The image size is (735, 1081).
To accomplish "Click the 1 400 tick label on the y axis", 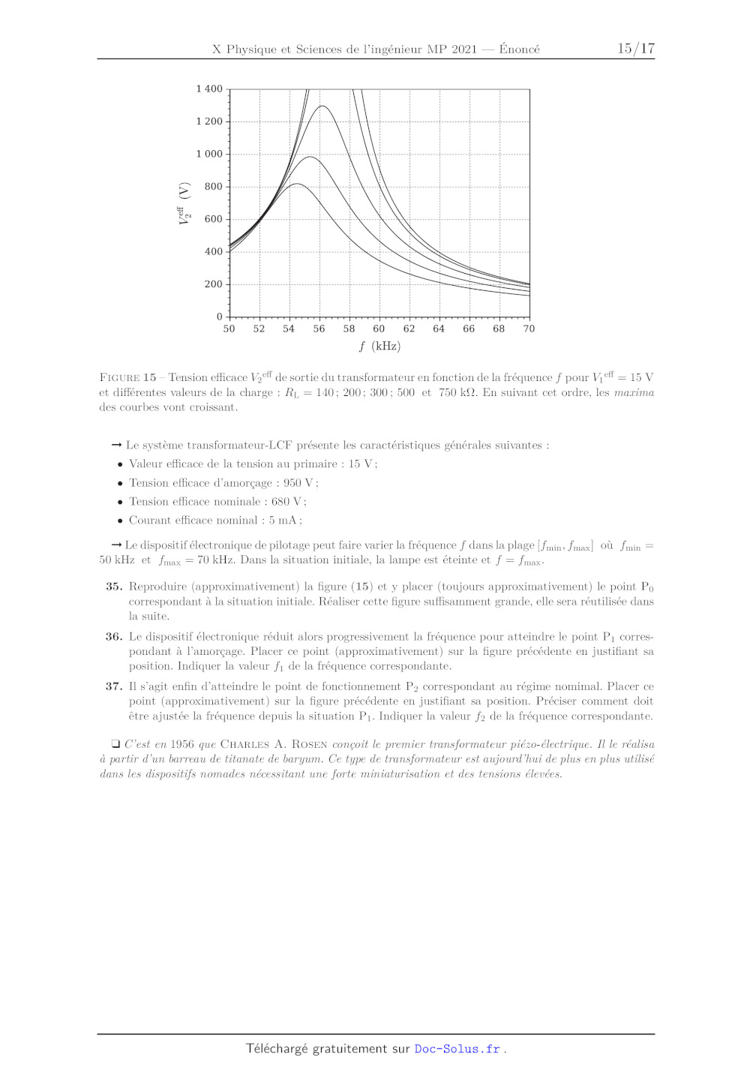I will pyautogui.click(x=209, y=89).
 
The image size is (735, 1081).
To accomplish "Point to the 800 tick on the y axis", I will pyautogui.click(x=214, y=186).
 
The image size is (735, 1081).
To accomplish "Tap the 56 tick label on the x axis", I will pyautogui.click(x=319, y=329).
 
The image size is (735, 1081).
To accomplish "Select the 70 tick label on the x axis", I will pyautogui.click(x=529, y=329).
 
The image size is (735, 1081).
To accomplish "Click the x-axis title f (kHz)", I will pyautogui.click(x=379, y=346).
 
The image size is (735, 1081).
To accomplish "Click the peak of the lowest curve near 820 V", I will pyautogui.click(x=297, y=184).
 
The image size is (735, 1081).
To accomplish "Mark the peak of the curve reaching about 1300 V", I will pyautogui.click(x=322, y=106).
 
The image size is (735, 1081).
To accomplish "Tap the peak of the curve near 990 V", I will pyautogui.click(x=309, y=157).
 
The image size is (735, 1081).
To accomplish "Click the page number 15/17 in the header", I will pyautogui.click(x=636, y=49).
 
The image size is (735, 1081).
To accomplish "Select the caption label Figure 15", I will pyautogui.click(x=127, y=377).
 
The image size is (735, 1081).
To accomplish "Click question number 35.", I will pyautogui.click(x=114, y=587).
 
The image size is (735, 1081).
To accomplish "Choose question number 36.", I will pyautogui.click(x=114, y=636).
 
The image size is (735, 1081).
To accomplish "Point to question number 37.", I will pyautogui.click(x=114, y=686).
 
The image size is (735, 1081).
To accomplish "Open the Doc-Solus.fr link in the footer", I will pyautogui.click(x=457, y=1049).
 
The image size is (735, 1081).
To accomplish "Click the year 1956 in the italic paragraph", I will pyautogui.click(x=182, y=744).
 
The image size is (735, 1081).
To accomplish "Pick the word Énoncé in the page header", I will pyautogui.click(x=519, y=49).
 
